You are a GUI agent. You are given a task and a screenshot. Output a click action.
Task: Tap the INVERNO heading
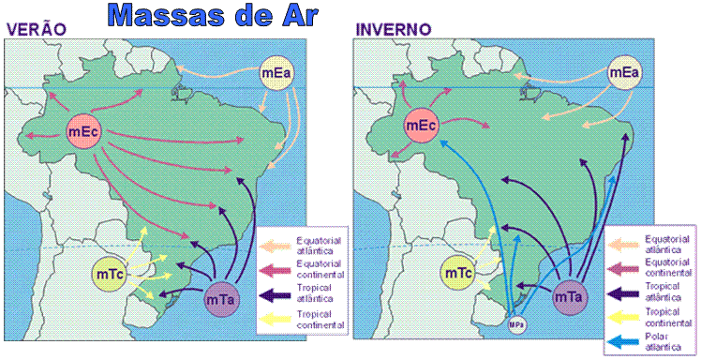click(x=394, y=29)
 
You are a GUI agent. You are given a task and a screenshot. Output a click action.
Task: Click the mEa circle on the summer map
click(x=277, y=72)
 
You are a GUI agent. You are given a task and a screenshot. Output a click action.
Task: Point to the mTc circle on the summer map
click(x=110, y=274)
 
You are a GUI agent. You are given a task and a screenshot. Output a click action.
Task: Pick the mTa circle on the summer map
click(x=223, y=301)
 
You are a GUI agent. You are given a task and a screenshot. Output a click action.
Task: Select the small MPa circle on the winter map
click(x=515, y=324)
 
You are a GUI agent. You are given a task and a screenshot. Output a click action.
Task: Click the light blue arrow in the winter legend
click(x=624, y=340)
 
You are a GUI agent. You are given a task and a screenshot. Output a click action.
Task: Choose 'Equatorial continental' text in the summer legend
click(x=321, y=269)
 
